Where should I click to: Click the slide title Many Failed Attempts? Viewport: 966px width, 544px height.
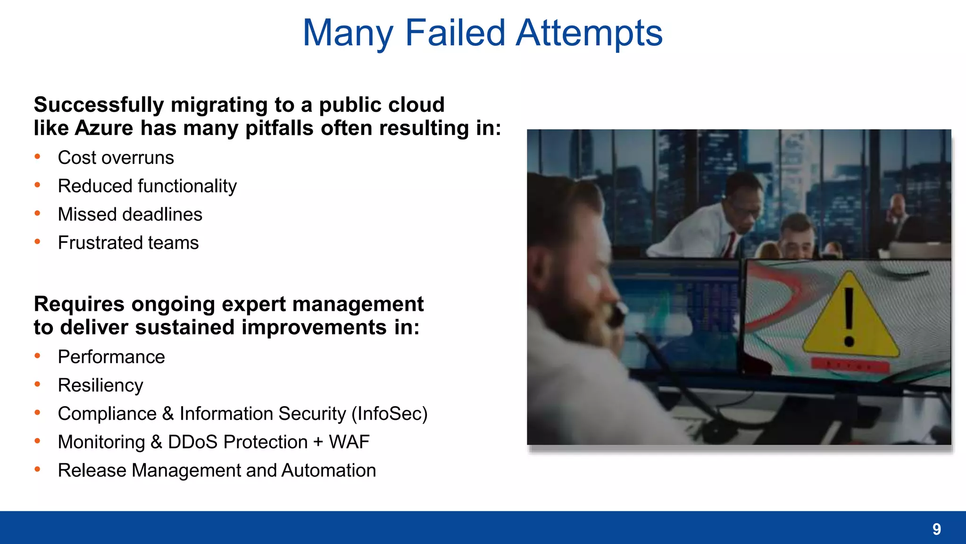pos(483,33)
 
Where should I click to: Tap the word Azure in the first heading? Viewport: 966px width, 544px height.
pos(104,128)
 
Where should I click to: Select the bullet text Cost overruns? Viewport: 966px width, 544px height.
pos(116,158)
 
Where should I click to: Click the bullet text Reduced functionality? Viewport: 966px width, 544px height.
pos(147,186)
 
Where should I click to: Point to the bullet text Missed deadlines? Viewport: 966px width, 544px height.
pos(130,214)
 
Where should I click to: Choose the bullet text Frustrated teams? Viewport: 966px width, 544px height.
pos(128,243)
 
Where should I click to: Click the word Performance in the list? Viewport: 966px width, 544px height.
pos(111,357)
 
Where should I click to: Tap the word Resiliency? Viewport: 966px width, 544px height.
pos(100,385)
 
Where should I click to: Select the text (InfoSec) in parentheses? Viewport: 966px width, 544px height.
pos(389,414)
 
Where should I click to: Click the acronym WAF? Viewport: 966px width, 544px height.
pos(349,442)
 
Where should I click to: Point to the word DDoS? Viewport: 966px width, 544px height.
pos(192,442)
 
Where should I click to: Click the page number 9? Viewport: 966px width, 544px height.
pos(937,529)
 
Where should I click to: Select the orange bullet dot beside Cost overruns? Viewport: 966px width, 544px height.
pos(37,157)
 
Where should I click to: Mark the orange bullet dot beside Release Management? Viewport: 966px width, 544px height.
pos(37,469)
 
